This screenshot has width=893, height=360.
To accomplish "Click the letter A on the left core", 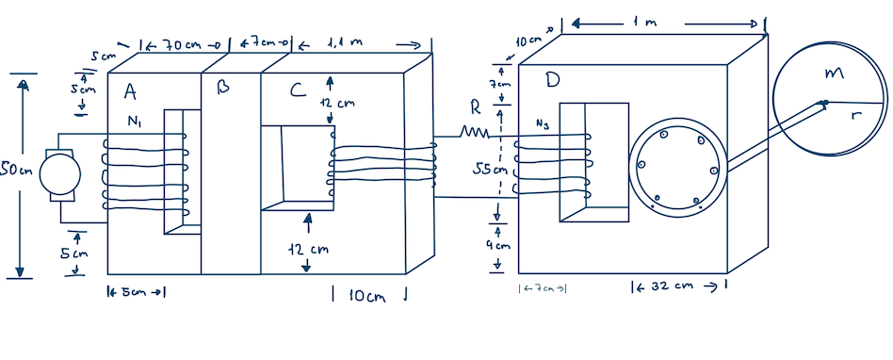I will tap(131, 90).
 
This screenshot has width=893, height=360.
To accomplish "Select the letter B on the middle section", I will tap(223, 87).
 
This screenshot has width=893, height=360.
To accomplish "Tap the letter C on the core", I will tap(298, 90).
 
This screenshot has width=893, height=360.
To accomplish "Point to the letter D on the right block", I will tap(552, 82).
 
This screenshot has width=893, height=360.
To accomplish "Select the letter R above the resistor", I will tap(476, 107).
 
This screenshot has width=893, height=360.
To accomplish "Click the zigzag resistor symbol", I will tap(471, 133).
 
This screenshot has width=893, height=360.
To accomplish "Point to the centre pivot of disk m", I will tap(824, 103).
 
